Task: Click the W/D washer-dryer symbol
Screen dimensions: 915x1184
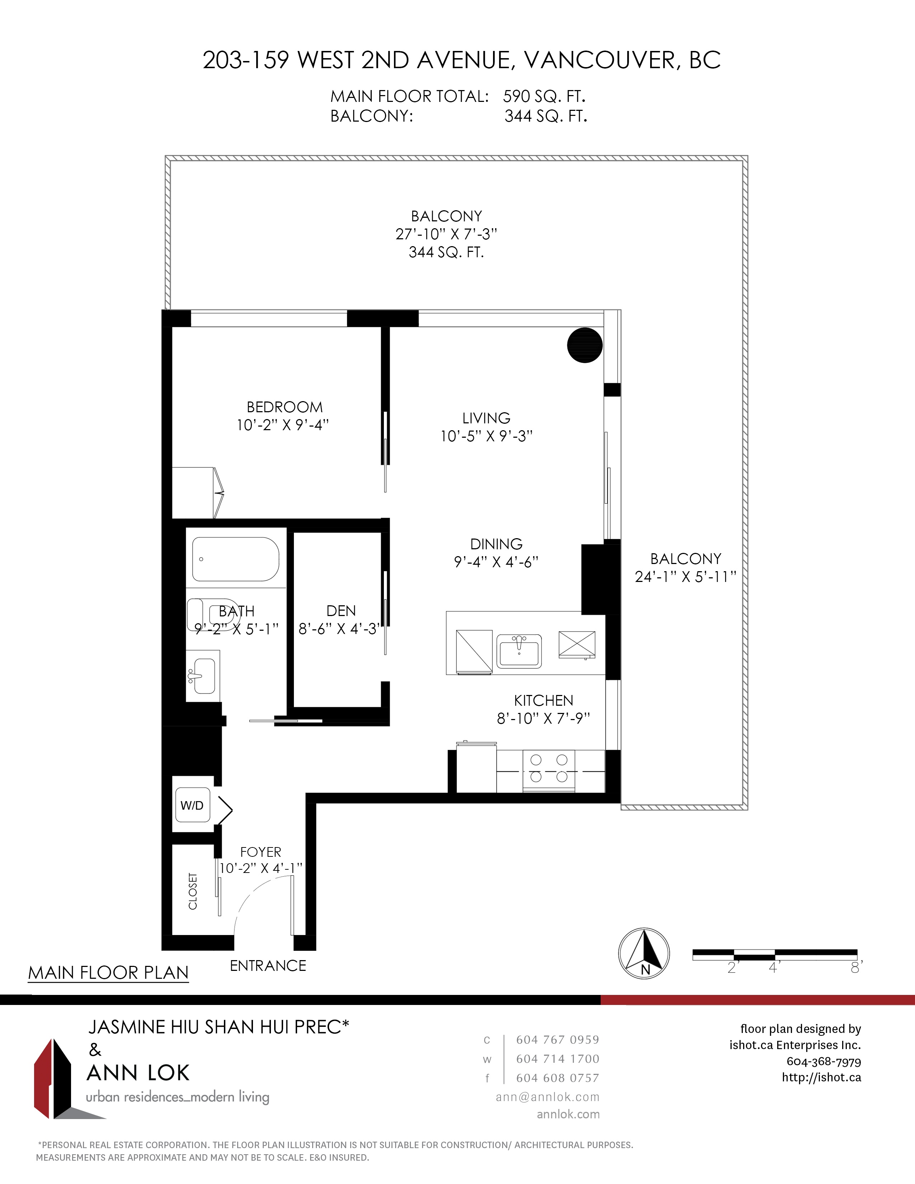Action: (x=192, y=805)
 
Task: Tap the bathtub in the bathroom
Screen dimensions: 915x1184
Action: (x=236, y=559)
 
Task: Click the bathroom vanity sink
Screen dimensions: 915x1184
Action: (x=203, y=676)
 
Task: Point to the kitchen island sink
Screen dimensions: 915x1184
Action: (x=519, y=650)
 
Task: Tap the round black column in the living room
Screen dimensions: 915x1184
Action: (x=585, y=345)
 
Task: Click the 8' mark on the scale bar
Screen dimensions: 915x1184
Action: (x=856, y=968)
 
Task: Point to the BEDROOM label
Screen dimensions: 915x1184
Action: (x=285, y=407)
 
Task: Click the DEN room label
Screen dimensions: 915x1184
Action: (x=341, y=611)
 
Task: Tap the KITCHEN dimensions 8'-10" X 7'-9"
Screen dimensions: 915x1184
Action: (x=543, y=718)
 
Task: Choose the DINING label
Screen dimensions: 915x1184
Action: (x=496, y=544)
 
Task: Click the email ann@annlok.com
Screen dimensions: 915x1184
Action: (x=548, y=1097)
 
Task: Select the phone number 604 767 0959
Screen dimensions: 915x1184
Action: (x=558, y=1039)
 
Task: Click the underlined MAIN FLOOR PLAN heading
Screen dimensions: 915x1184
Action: (x=108, y=973)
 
